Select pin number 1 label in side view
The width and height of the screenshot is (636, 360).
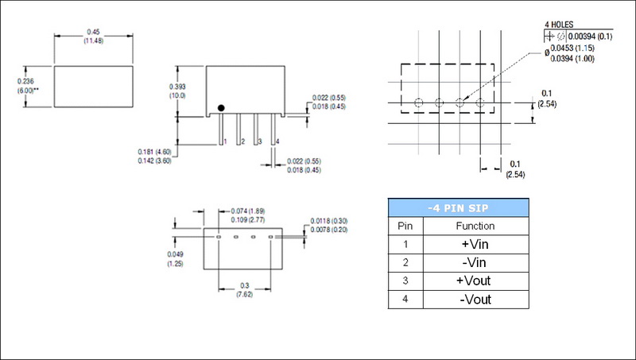click(227, 141)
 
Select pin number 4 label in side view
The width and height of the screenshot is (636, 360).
click(276, 141)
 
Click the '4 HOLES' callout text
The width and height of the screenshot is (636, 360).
click(560, 23)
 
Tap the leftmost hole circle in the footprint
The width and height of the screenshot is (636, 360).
click(418, 102)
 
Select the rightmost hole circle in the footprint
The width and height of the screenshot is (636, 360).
click(480, 102)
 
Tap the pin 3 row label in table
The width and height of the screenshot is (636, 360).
click(405, 281)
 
